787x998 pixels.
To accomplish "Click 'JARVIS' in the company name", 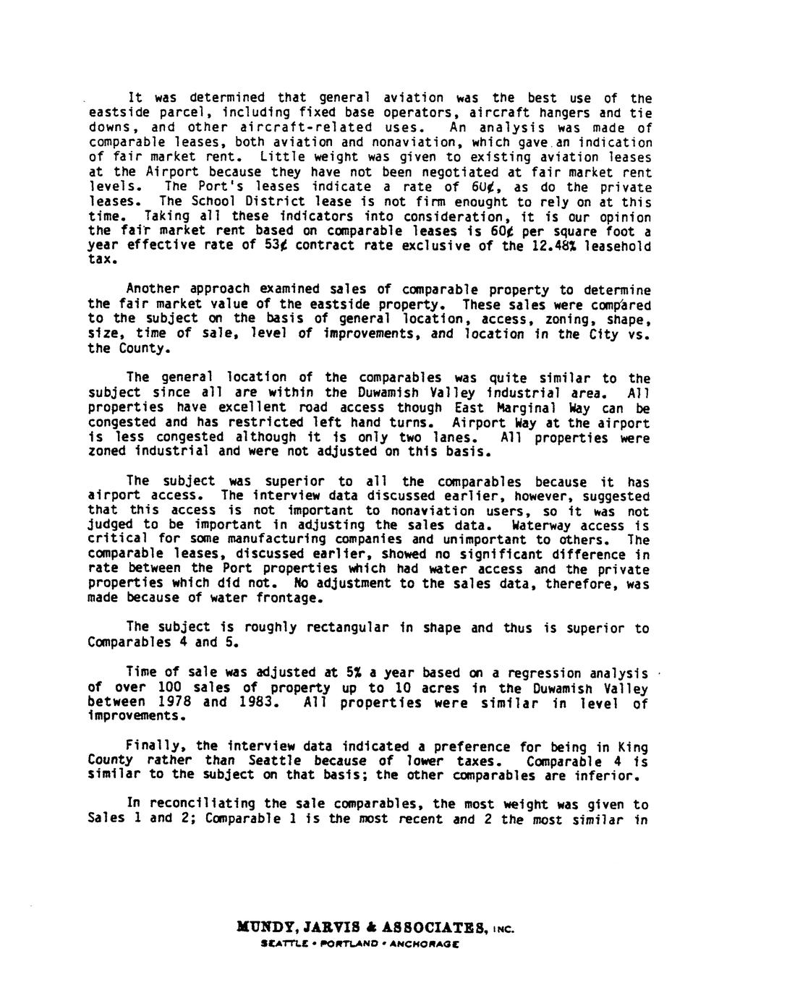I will (323, 927).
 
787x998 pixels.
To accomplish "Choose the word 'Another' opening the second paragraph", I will (153, 289).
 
